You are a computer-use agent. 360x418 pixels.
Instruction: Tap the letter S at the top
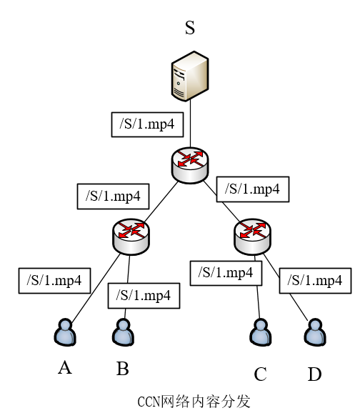(190, 28)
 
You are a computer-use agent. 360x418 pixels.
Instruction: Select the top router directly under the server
(190, 164)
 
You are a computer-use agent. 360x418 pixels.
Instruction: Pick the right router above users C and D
(253, 235)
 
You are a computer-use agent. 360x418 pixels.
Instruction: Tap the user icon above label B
(122, 332)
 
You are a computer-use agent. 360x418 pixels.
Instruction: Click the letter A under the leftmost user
(65, 367)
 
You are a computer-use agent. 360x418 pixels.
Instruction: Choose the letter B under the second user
(122, 369)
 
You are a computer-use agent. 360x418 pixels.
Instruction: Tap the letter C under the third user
(260, 373)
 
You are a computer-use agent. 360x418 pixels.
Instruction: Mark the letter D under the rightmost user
(315, 373)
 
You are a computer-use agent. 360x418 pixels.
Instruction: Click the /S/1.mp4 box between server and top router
(148, 124)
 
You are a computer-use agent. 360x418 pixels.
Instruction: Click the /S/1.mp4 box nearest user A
(54, 280)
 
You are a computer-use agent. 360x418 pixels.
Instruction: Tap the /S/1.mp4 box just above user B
(144, 294)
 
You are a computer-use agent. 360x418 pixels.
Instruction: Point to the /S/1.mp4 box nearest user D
(315, 280)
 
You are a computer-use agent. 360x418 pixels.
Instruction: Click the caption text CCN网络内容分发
(194, 401)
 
